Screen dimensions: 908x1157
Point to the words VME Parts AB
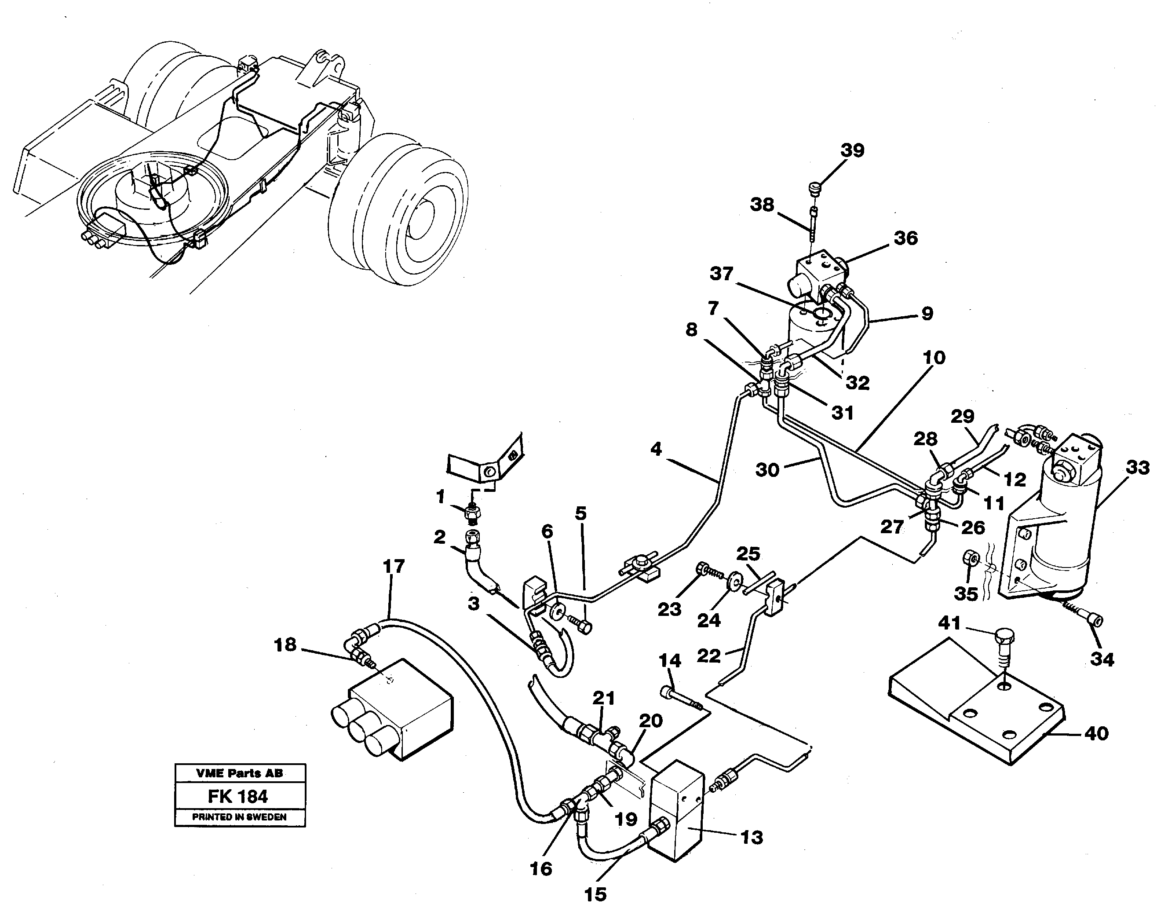click(240, 773)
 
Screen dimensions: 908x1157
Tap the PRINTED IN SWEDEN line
click(239, 817)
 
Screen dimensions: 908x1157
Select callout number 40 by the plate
click(1096, 734)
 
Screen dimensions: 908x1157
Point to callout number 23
click(669, 609)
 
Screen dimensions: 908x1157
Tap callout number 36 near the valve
click(905, 238)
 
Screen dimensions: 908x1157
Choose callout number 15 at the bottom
click(595, 894)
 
